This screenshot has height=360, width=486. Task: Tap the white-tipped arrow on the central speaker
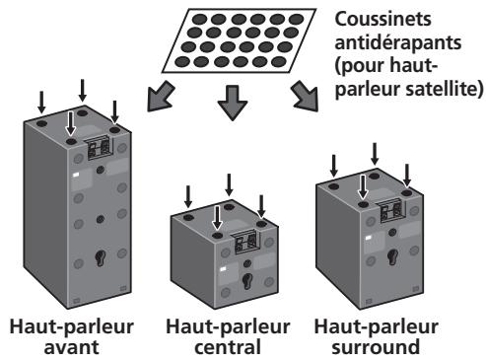(218, 220)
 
